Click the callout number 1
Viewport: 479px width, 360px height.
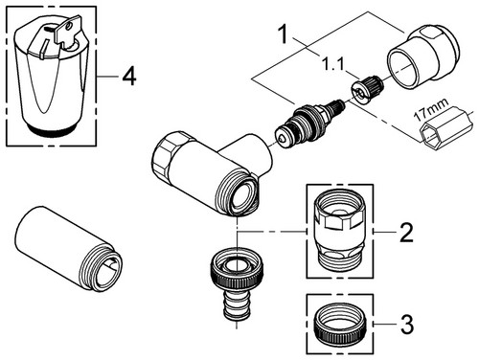coord(283,34)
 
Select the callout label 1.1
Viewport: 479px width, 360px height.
coord(332,65)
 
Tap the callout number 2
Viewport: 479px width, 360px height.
coord(406,233)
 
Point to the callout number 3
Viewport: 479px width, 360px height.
coord(407,325)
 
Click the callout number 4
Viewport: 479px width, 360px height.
coord(129,77)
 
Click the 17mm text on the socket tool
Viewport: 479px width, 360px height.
coord(431,109)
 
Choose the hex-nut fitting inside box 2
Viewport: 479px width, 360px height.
coord(339,231)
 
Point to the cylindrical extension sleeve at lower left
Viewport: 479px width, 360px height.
coord(68,249)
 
